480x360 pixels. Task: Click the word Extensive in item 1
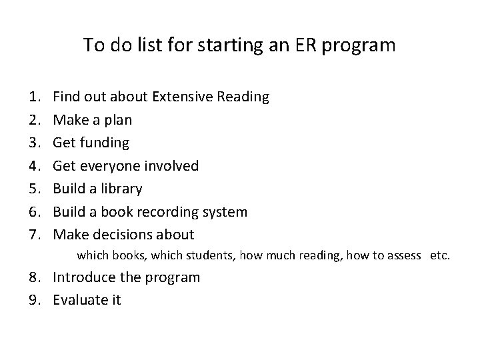point(182,97)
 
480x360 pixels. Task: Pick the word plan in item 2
point(117,120)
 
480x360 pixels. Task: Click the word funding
point(105,143)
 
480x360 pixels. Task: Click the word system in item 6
point(225,212)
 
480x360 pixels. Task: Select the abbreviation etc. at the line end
point(440,255)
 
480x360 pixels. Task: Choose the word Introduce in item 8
point(83,277)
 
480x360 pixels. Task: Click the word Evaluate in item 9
point(79,300)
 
